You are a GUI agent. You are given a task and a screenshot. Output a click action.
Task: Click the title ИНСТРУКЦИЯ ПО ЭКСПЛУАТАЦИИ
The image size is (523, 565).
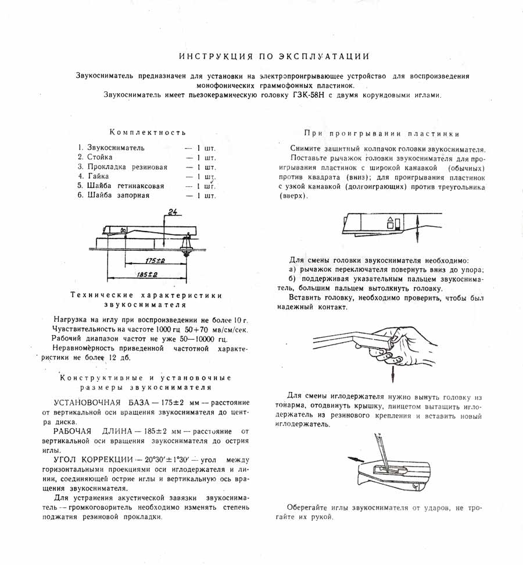point(274,56)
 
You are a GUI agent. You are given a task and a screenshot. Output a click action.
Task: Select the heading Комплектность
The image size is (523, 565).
point(148,133)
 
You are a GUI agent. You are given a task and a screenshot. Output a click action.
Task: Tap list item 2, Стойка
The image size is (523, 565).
point(100,157)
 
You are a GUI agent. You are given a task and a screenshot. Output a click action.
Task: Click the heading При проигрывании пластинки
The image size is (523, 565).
point(381,133)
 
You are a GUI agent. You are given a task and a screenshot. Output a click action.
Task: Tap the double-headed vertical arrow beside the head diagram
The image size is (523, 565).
point(418,228)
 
